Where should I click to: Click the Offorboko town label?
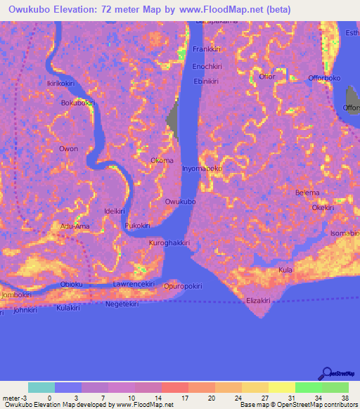click(x=323, y=77)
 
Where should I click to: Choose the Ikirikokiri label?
click(x=61, y=83)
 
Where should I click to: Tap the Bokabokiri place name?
click(x=77, y=103)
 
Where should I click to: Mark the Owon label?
click(x=68, y=149)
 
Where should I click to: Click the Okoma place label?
click(x=162, y=161)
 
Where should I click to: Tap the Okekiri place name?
click(x=323, y=208)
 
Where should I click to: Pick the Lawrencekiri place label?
click(x=134, y=284)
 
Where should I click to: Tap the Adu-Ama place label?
click(x=75, y=226)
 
